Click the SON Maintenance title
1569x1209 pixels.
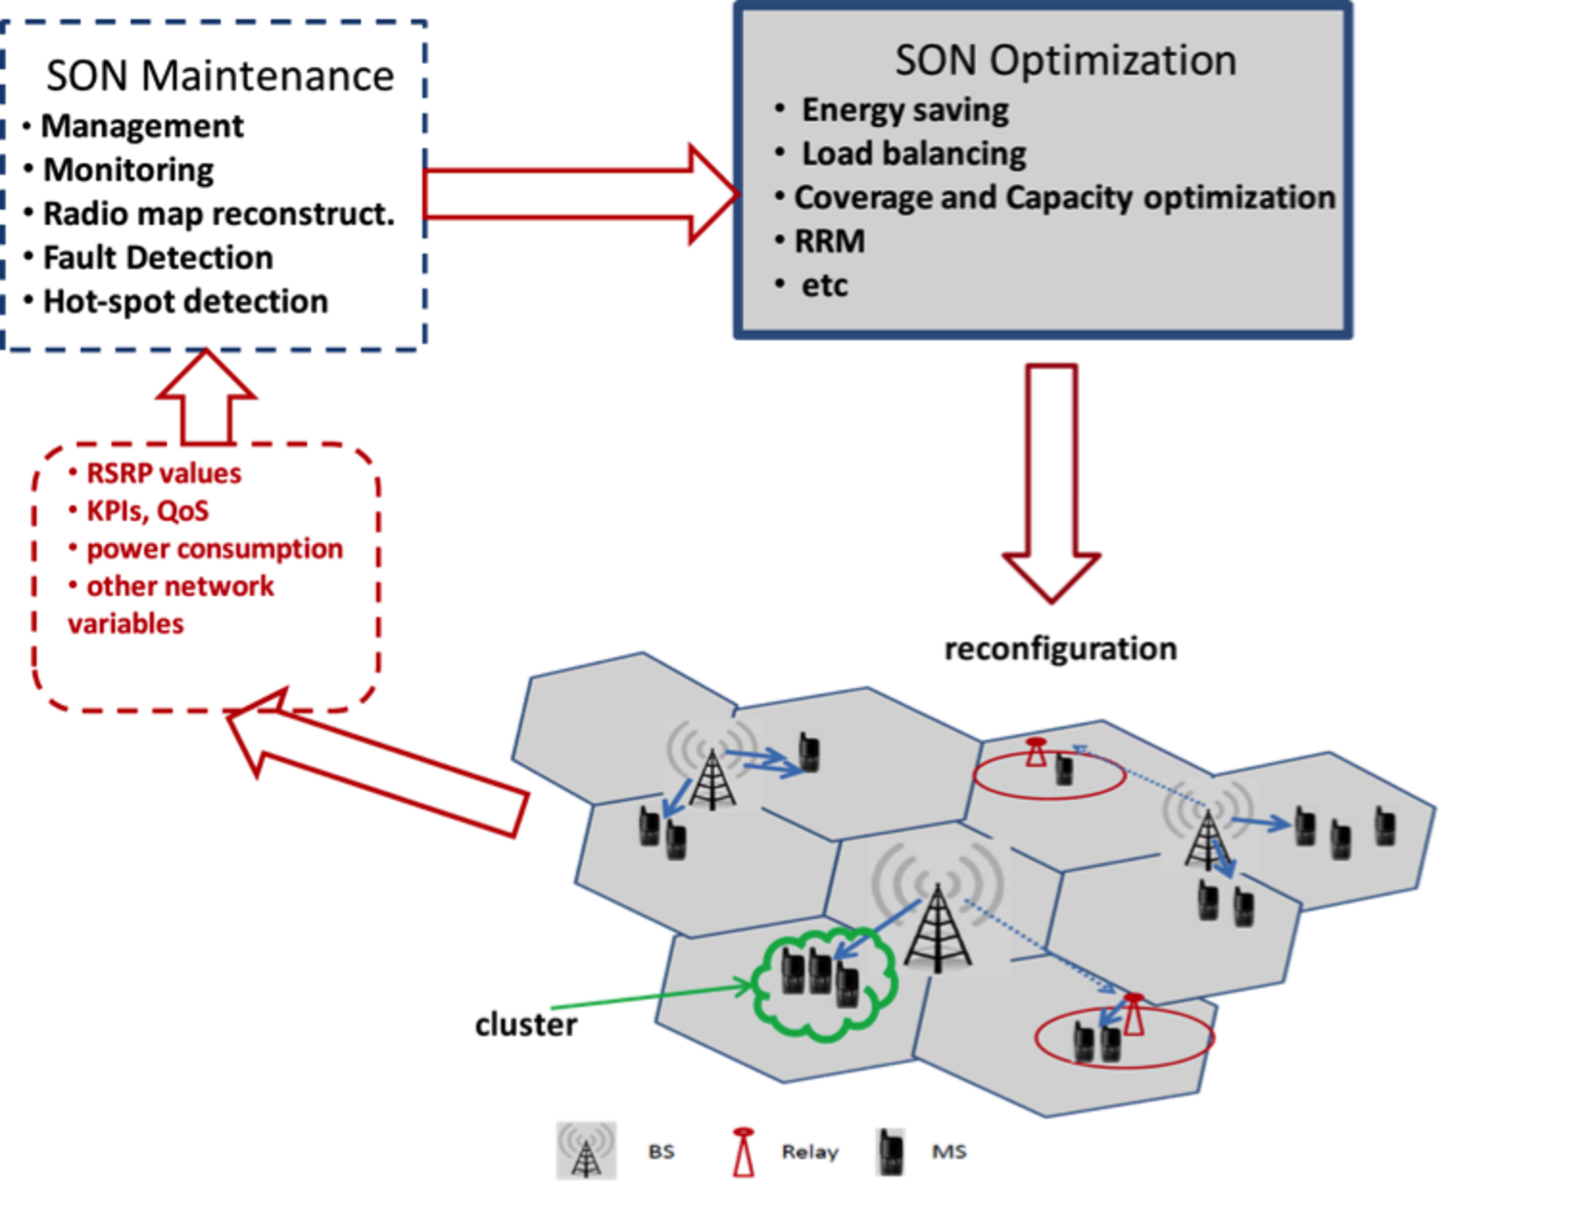pos(220,75)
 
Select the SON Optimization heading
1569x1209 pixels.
pos(1065,61)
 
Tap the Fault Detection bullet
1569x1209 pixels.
pos(157,258)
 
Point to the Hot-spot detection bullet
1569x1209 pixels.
pos(185,302)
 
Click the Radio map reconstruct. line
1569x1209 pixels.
pos(219,214)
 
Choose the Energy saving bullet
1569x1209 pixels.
pos(904,110)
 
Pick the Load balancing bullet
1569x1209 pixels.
pos(913,154)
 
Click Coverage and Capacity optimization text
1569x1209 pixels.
pos(1064,197)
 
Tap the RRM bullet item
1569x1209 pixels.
pos(829,242)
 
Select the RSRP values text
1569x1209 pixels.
pos(163,473)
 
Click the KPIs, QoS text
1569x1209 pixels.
pos(147,511)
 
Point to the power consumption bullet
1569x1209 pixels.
pos(214,549)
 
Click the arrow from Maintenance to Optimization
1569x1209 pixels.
pos(581,193)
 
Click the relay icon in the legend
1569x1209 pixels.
pos(743,1151)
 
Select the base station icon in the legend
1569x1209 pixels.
pos(586,1150)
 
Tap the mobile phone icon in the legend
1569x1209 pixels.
pos(890,1151)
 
